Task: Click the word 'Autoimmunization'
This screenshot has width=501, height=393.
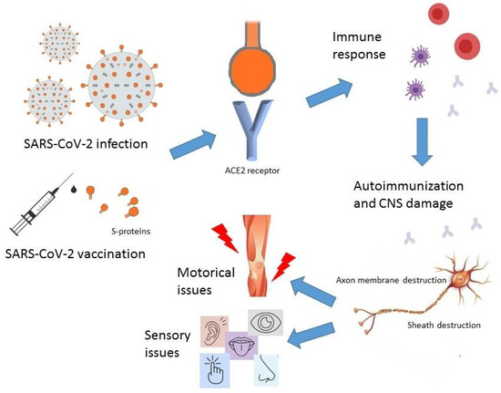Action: (x=409, y=184)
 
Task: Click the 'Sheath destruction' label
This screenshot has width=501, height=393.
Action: (x=418, y=323)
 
